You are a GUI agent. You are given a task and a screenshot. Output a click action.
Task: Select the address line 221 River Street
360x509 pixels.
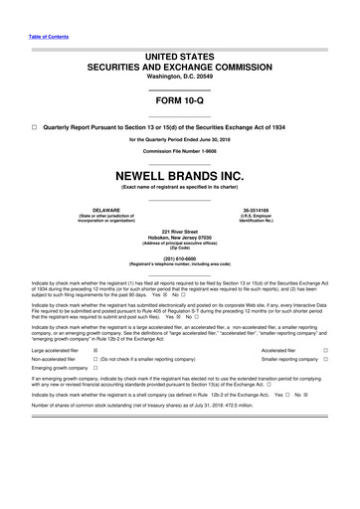tap(179, 230)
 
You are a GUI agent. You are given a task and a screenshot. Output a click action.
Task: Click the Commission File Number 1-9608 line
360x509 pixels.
tap(179, 150)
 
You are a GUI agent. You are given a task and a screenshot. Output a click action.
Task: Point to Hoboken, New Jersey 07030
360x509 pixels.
tap(179, 236)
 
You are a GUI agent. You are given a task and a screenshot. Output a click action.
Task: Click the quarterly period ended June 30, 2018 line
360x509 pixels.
tap(179, 140)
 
